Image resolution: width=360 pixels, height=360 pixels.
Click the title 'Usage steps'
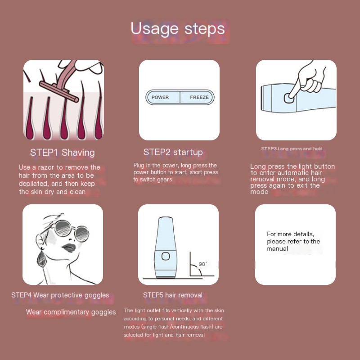pos(178,29)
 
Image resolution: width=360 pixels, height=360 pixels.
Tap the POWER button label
pos(160,97)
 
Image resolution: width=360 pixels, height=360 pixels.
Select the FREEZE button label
pos(199,97)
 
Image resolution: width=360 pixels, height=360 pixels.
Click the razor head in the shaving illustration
pos(59,91)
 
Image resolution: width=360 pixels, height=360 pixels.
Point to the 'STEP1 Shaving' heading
pos(63,153)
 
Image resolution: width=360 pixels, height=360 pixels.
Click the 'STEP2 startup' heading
pos(173,152)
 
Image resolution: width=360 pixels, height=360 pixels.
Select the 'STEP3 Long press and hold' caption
pos(292,149)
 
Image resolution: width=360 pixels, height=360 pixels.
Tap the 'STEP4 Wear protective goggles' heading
pos(60,295)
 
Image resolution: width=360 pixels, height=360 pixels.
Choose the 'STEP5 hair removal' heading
pos(173,295)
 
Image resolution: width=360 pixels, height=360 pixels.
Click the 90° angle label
pos(203,264)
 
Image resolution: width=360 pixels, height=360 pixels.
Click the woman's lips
pos(69,248)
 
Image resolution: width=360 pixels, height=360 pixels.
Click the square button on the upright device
pos(166,256)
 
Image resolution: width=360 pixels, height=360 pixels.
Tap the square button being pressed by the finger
pos(289,98)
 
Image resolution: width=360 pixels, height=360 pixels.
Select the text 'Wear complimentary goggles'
pos(71,312)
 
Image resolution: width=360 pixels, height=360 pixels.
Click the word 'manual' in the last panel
pos(277,249)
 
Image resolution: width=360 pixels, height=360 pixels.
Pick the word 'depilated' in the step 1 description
pos(33,184)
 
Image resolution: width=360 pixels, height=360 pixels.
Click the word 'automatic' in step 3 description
pos(292,173)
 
